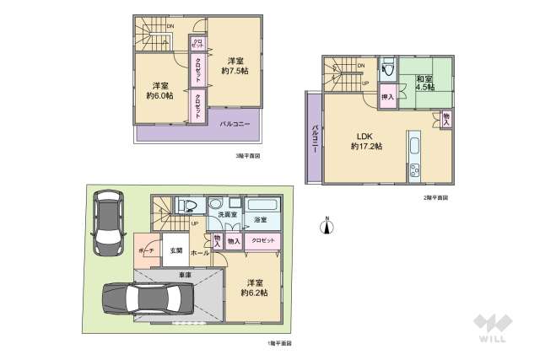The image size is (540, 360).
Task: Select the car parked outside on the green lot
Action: click(107, 222)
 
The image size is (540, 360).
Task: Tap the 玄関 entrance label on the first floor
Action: click(176, 250)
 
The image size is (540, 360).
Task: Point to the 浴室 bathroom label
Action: click(261, 219)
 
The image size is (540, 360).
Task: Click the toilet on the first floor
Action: click(187, 204)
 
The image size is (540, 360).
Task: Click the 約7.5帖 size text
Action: click(236, 71)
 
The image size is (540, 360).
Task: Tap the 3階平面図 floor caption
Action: click(247, 156)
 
